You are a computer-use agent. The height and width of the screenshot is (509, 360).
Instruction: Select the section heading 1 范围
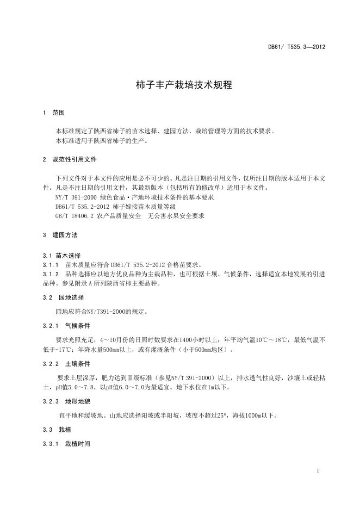[x=54, y=113]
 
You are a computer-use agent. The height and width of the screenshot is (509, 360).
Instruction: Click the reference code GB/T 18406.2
[x=75, y=216]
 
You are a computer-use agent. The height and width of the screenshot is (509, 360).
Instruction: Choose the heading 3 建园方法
[x=60, y=235]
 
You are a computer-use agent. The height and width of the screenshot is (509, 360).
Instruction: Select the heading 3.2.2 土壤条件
[x=66, y=363]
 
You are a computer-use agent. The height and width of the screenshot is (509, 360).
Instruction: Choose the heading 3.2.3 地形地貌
[x=66, y=401]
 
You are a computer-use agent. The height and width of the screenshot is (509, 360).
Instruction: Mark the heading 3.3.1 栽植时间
[x=66, y=444]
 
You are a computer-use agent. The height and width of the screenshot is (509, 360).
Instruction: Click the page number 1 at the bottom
[x=318, y=470]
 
